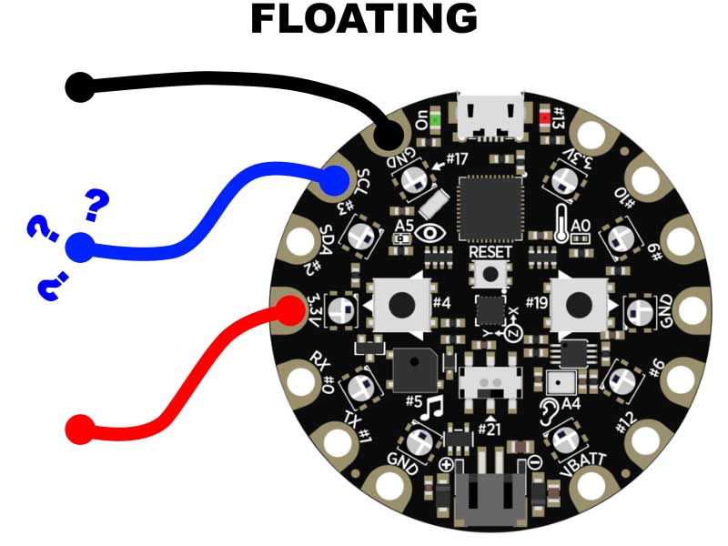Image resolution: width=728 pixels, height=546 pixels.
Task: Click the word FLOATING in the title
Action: tap(363, 20)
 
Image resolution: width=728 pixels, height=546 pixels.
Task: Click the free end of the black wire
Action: tap(80, 87)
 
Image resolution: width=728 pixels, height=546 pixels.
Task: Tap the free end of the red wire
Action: tap(80, 428)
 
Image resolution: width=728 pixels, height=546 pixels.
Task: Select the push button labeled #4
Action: tap(399, 304)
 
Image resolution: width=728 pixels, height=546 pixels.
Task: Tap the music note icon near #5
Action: tap(435, 405)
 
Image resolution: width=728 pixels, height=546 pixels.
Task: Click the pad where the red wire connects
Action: tap(290, 311)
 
